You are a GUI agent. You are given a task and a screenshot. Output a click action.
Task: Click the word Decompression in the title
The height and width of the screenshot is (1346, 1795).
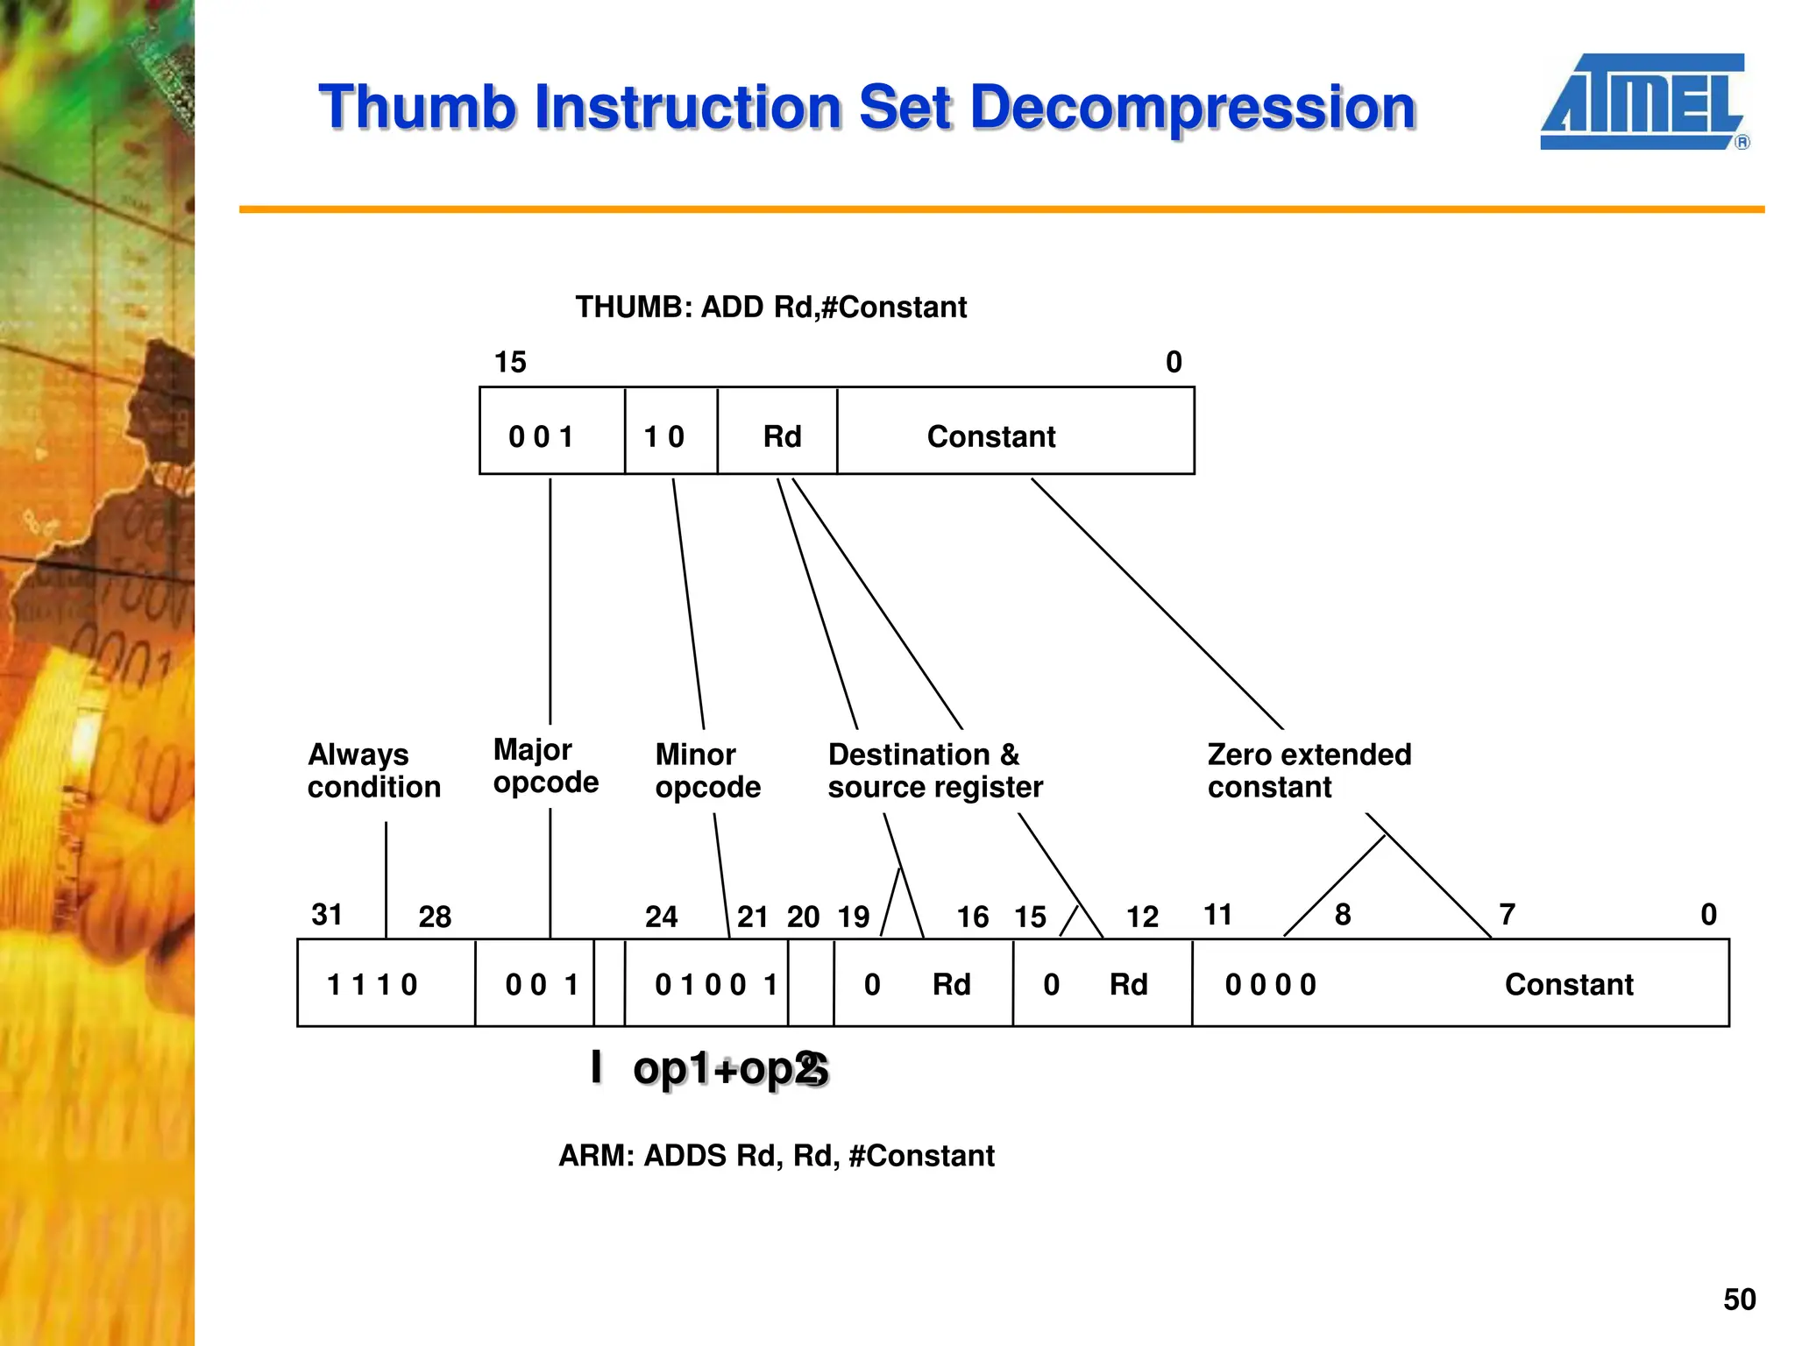1193,108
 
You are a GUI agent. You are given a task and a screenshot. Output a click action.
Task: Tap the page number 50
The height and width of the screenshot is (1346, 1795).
1739,1299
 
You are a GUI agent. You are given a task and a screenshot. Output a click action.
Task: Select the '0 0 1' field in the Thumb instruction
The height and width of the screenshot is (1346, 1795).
541,436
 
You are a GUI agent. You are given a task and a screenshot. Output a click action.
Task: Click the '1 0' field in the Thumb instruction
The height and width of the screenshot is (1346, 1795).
663,436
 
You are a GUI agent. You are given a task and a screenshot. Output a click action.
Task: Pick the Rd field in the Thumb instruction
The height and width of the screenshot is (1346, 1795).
782,436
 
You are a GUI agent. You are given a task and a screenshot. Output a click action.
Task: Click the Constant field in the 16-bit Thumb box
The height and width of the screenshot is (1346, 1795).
991,436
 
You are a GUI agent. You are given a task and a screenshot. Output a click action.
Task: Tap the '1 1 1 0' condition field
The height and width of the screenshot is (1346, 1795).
372,985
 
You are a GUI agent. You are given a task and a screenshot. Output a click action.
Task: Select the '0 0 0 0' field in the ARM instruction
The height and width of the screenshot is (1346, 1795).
1270,985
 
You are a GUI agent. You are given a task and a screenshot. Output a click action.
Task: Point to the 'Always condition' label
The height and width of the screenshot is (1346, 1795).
373,770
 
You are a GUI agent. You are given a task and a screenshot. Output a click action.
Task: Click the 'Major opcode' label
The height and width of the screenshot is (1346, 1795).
545,765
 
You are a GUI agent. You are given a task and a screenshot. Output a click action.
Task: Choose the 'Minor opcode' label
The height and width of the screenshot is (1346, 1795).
707,770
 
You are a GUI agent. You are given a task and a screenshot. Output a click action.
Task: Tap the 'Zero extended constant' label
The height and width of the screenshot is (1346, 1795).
1309,770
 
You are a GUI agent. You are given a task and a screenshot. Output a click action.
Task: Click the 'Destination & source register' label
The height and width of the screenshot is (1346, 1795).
934,770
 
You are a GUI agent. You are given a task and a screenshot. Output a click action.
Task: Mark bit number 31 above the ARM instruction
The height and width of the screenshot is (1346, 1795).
327,915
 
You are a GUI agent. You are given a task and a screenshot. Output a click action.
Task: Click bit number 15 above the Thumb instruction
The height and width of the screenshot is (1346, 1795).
510,362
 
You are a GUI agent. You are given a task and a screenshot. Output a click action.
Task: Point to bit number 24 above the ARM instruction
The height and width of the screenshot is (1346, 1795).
661,917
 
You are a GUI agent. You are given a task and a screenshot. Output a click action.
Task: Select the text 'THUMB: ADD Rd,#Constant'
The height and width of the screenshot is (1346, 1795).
770,308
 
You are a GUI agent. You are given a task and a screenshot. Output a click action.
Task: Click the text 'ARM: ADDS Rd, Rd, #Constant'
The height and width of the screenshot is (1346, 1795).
777,1156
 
